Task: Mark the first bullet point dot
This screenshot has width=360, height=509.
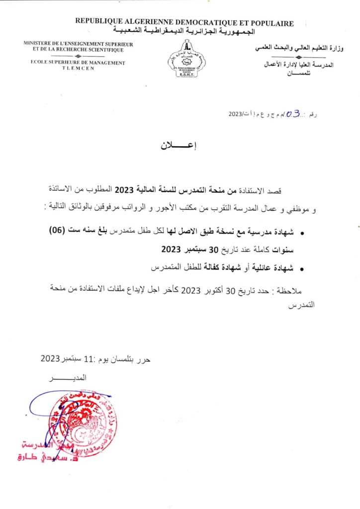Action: (304, 232)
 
